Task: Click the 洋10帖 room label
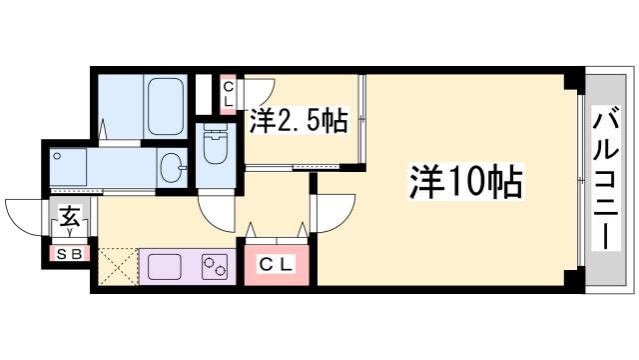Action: coord(465,182)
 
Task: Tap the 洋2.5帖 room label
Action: coord(298,122)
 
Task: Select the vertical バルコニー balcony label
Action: coord(603,180)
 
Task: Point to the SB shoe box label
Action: coord(70,253)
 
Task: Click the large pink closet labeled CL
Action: coord(274,264)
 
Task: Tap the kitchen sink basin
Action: coord(166,266)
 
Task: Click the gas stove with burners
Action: coord(214,267)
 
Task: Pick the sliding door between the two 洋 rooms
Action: coord(363,120)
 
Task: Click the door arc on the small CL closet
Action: coord(254,87)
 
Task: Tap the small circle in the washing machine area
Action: coord(59,156)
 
